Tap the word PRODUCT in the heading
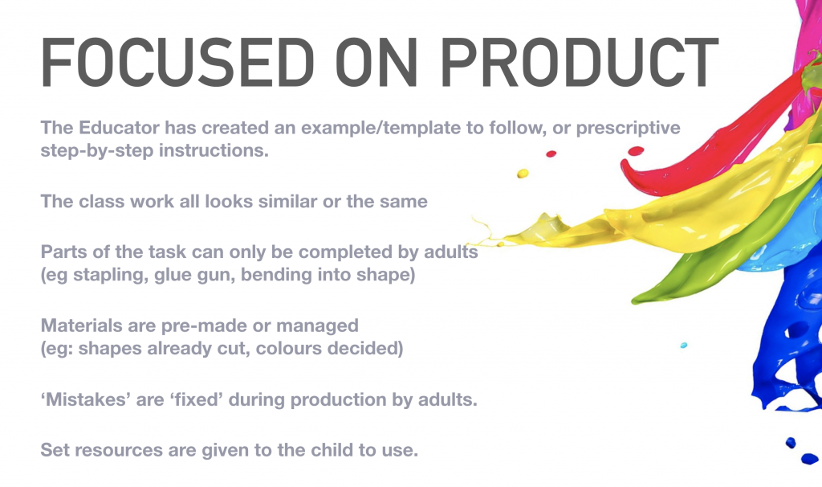(580, 63)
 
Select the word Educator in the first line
(119, 128)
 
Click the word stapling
(110, 275)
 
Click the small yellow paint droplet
(523, 174)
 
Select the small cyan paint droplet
(684, 346)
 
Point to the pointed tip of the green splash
(633, 301)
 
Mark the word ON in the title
(376, 63)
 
